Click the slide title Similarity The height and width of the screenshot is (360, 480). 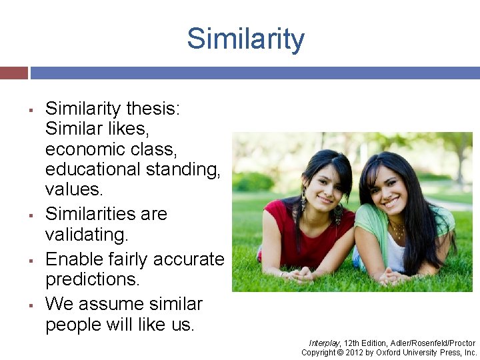[245, 39]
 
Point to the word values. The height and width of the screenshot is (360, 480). [74, 189]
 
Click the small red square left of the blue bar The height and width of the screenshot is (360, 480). [13, 73]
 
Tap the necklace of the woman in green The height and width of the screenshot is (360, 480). [399, 231]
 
